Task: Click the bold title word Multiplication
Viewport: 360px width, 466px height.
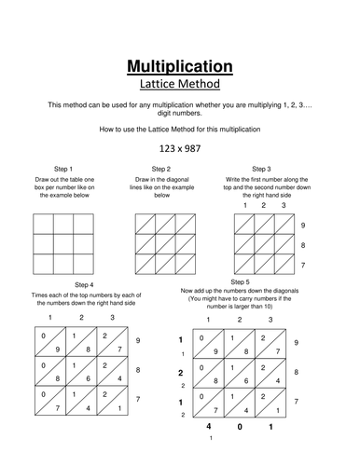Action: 180,66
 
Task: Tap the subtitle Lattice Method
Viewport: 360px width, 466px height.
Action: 180,84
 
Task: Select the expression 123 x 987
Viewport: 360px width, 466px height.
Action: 180,148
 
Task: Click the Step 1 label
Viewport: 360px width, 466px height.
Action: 63,169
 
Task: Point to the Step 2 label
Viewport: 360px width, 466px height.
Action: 161,169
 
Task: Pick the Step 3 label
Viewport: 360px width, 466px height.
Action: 261,169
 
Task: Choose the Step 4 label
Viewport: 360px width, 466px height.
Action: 84,285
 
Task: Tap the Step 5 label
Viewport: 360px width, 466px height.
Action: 240,282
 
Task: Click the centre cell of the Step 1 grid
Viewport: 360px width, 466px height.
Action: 63,244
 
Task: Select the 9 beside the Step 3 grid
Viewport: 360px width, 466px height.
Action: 303,226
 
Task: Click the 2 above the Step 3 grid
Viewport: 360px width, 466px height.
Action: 264,205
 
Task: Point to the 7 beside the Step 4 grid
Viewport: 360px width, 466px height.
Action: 138,399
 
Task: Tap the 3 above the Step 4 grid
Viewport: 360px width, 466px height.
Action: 113,318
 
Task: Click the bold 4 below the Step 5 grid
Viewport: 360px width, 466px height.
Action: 209,426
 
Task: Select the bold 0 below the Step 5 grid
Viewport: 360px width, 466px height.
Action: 240,427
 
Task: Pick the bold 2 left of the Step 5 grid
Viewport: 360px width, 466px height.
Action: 181,373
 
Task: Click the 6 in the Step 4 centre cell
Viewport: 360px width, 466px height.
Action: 89,378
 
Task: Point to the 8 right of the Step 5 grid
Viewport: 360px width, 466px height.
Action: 297,372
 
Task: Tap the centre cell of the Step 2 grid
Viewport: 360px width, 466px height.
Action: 165,244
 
